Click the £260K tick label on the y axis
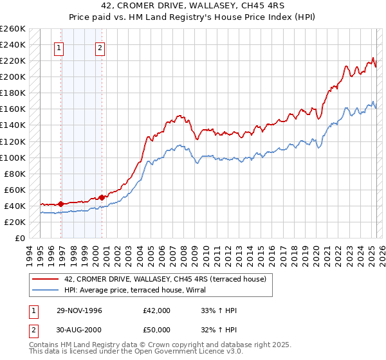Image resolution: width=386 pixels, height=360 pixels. tap(13, 29)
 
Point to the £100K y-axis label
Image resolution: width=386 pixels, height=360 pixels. tap(13, 157)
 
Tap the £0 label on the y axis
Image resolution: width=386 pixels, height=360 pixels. tap(20, 238)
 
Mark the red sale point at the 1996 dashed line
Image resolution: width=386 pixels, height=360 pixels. tap(60, 204)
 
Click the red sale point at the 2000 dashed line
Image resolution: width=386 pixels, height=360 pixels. tap(102, 197)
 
